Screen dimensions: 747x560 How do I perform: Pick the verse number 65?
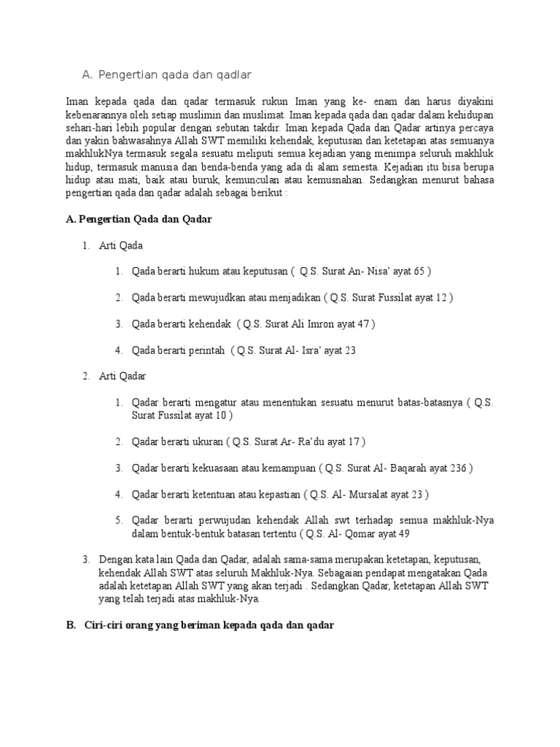pyautogui.click(x=418, y=271)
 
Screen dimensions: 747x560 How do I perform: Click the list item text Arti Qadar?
pyautogui.click(x=123, y=376)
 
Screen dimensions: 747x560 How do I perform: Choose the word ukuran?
pyautogui.click(x=206, y=442)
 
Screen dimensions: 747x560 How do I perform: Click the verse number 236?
pyautogui.click(x=459, y=468)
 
